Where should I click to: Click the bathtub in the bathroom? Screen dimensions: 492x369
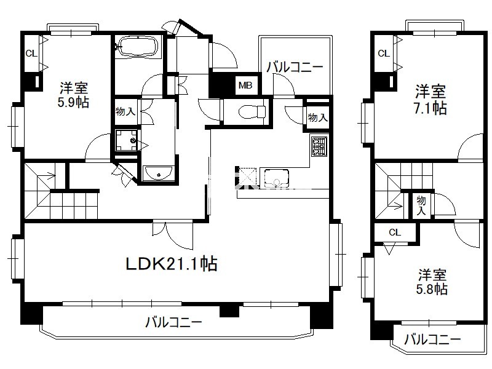138,47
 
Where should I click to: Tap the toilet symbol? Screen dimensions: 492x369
252,112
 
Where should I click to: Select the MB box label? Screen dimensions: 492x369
245,85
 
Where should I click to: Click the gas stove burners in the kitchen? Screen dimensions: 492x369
319,146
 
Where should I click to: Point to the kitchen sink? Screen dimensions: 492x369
276,178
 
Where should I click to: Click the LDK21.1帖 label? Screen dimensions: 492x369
172,264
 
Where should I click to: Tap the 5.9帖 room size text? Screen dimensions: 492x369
73,103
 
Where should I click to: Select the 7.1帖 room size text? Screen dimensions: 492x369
430,108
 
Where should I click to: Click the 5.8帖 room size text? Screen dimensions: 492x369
432,289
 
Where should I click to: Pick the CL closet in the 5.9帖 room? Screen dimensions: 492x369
31,54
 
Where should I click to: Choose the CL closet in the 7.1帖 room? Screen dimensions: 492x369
383,54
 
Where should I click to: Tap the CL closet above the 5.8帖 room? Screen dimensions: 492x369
395,232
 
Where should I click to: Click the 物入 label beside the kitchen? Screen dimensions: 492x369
318,117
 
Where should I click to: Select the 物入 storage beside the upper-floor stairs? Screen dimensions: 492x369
421,205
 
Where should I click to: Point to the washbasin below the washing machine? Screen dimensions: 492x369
157,173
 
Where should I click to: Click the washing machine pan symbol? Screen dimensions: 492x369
126,140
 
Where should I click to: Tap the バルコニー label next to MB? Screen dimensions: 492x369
295,67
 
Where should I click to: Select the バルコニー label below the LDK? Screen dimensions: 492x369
173,322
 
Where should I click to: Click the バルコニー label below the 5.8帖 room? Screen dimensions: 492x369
432,339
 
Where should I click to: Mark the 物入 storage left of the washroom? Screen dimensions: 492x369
125,111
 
